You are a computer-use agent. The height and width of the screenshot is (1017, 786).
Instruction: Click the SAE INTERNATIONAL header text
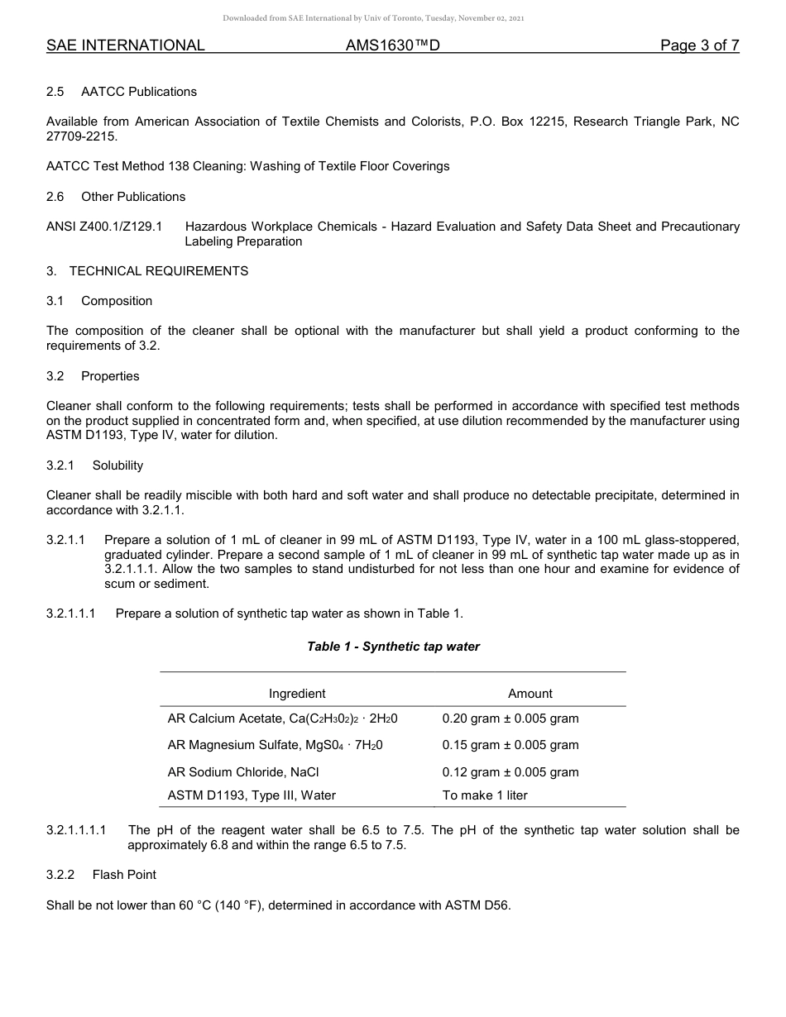[x=125, y=45]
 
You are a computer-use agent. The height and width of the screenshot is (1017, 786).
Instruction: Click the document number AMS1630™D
[x=392, y=45]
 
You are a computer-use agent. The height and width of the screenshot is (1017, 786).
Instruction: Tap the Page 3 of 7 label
[x=699, y=45]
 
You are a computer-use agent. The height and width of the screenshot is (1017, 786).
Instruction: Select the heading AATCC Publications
[x=138, y=91]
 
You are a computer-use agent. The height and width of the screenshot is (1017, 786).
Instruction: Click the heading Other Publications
[x=132, y=196]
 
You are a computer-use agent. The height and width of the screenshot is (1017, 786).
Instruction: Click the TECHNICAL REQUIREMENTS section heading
[x=158, y=270]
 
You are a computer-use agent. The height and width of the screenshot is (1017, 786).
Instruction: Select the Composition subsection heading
[x=116, y=301]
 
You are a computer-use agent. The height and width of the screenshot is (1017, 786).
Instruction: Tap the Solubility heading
[x=117, y=466]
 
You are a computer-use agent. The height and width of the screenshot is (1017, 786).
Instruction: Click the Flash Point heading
[x=124, y=875]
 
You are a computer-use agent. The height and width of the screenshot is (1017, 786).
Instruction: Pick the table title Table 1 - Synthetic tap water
[x=393, y=647]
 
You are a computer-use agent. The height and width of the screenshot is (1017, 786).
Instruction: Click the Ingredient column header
[x=297, y=694]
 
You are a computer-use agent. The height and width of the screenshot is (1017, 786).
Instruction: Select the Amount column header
[x=530, y=694]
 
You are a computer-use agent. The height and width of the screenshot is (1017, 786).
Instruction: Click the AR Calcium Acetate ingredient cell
[x=282, y=719]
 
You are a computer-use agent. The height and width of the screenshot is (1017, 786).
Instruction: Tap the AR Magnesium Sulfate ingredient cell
[x=275, y=745]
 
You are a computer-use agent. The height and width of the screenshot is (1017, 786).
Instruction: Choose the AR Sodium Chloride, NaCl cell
[x=242, y=772]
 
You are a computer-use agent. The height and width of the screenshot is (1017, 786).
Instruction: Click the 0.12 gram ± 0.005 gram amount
[x=510, y=772]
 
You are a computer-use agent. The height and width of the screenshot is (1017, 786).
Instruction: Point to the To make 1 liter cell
[x=485, y=795]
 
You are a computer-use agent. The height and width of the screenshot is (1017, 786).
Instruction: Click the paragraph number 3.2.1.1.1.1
[x=76, y=830]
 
